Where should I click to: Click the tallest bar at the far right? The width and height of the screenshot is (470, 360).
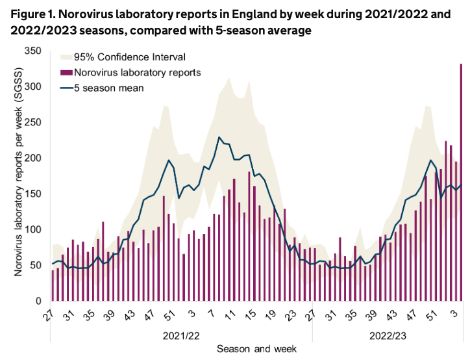click(x=461, y=182)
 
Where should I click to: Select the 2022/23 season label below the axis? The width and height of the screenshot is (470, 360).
click(x=388, y=336)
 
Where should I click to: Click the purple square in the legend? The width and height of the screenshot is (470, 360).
click(x=66, y=72)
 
